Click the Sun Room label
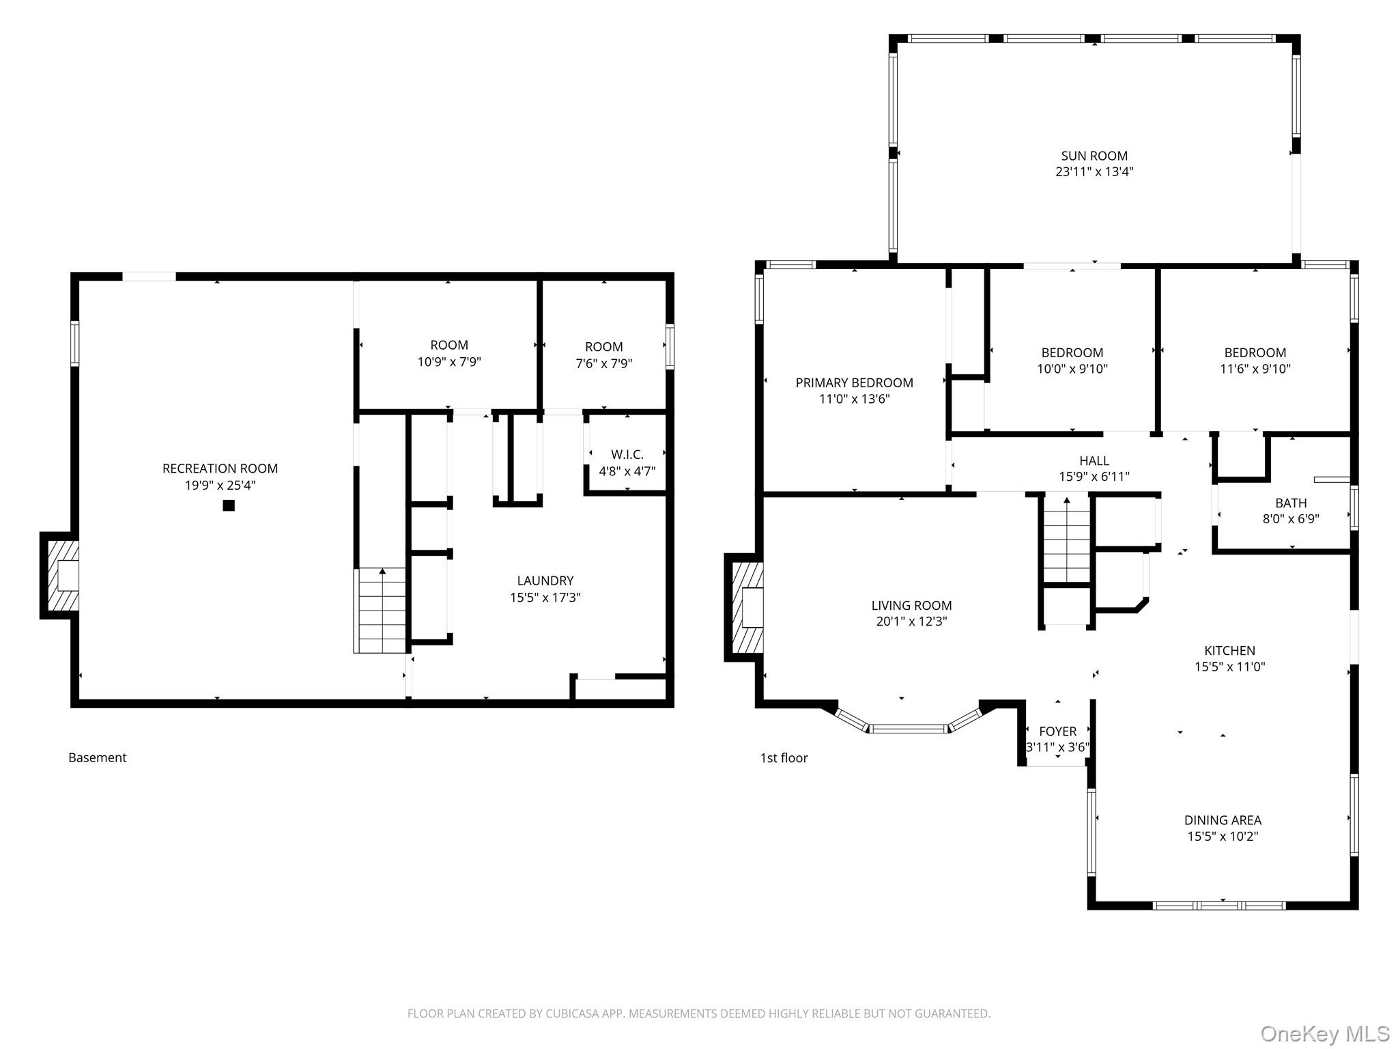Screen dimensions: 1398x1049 (x=1094, y=156)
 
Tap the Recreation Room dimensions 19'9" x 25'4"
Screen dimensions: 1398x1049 (x=220, y=486)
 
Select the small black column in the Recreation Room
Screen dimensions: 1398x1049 (x=229, y=505)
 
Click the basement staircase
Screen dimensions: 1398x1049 (x=380, y=611)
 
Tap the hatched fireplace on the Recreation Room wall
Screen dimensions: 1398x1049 (x=60, y=576)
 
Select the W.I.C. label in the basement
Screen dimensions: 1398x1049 (x=627, y=454)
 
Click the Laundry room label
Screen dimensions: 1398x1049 (x=545, y=581)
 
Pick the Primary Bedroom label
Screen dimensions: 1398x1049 (x=854, y=382)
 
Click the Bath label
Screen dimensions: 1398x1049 (x=1291, y=503)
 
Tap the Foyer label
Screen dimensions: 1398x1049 (x=1057, y=731)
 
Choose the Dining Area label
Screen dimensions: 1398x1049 (x=1223, y=820)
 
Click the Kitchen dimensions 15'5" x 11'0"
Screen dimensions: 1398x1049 (x=1229, y=667)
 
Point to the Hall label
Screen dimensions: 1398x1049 (x=1094, y=461)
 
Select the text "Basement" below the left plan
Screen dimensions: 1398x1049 (x=98, y=757)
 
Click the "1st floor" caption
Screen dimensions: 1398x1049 (x=784, y=757)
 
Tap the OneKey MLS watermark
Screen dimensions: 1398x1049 (x=1325, y=1033)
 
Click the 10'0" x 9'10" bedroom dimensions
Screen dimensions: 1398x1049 (x=1072, y=369)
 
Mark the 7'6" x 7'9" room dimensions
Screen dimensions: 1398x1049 (x=604, y=364)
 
